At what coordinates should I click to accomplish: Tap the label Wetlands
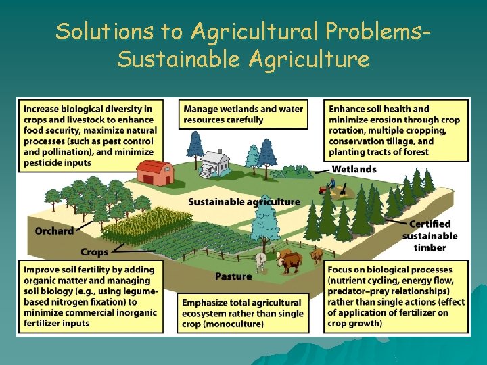tap(354, 168)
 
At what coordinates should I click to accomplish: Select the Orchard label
tap(54, 230)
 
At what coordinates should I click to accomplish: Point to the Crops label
tap(94, 252)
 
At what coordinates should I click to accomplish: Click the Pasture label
tap(233, 276)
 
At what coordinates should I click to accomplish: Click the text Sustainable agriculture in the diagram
tap(243, 201)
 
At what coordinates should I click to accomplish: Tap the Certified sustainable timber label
tap(430, 236)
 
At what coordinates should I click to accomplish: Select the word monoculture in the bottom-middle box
tap(233, 324)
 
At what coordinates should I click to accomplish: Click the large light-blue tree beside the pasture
tap(264, 220)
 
